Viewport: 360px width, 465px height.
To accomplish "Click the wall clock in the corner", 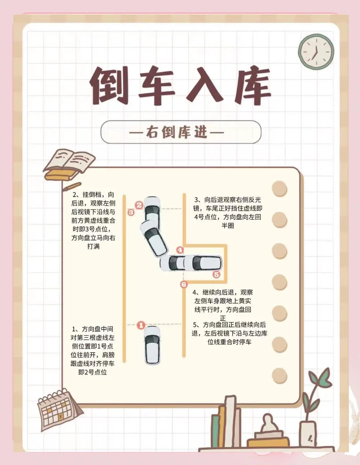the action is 316,52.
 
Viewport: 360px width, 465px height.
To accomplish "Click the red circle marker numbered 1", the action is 141,326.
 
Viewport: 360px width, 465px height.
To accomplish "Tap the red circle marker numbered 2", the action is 139,205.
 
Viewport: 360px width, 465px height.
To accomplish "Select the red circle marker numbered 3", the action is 131,212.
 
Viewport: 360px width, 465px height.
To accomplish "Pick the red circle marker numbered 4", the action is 180,250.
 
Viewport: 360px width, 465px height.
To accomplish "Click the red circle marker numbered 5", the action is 216,274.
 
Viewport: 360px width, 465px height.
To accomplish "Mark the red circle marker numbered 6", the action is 184,285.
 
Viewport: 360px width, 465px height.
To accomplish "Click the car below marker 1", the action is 152,346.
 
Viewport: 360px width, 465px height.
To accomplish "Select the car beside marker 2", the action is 152,212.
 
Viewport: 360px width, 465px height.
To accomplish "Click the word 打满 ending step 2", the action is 93,247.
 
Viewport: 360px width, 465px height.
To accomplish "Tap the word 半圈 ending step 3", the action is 228,226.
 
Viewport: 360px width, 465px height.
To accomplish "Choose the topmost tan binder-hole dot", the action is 280,188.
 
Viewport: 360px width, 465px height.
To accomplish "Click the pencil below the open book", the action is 72,186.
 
